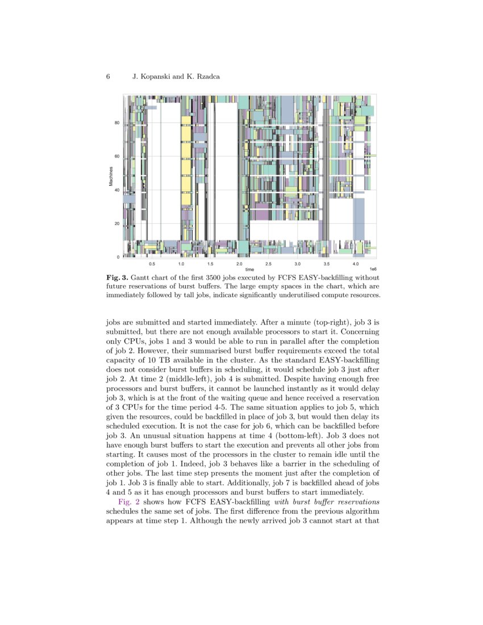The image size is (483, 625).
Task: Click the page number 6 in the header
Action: coord(108,76)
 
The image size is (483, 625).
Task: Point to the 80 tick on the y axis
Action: coord(117,123)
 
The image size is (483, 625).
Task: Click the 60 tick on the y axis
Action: coord(117,157)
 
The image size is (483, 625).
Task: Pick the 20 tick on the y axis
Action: coord(117,224)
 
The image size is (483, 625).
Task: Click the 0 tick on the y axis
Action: coord(118,257)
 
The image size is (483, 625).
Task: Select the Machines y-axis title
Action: coord(111,176)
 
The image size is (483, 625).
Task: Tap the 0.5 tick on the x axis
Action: coord(152,264)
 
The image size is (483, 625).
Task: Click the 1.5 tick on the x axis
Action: coord(210,264)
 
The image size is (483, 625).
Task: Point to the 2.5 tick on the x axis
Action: coord(268,264)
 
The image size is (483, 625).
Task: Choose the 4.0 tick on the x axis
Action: coord(356,264)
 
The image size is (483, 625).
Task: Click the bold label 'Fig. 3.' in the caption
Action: coord(118,277)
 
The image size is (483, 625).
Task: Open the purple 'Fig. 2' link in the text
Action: coord(128,502)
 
